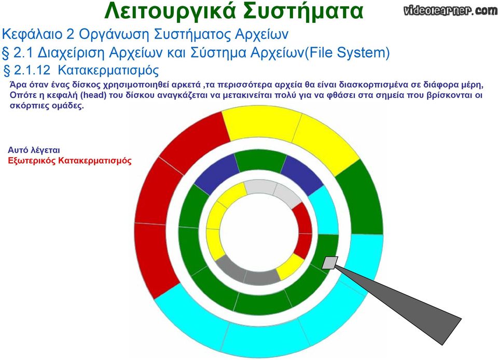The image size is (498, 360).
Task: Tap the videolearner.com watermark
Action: tap(451, 10)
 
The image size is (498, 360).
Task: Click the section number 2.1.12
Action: tap(32, 70)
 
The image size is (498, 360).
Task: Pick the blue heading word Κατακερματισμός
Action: tap(108, 71)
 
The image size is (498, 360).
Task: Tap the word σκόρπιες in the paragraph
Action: tap(29, 106)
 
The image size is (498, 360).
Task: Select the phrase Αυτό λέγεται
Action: tap(34, 150)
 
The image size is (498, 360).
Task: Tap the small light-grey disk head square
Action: tap(330, 263)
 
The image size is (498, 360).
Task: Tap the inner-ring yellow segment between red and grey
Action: tap(289, 267)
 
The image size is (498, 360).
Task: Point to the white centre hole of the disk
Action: tap(259, 232)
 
